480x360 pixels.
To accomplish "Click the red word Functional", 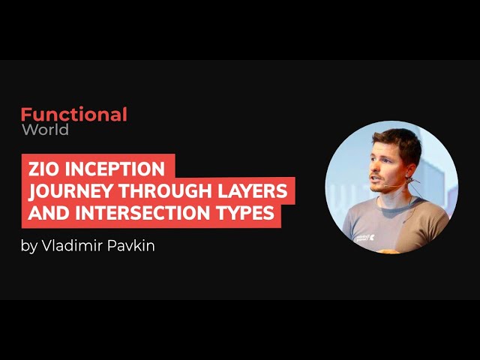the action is click(x=73, y=114).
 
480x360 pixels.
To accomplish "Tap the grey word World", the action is click(x=45, y=130).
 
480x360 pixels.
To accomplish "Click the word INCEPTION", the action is click(x=115, y=169).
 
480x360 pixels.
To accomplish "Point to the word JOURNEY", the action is click(x=70, y=190).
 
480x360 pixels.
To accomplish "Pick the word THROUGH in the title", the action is click(x=165, y=190).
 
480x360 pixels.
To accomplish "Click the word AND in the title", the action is click(x=49, y=212).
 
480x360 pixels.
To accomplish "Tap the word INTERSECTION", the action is click(x=142, y=212).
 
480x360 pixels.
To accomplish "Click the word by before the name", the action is click(x=28, y=247).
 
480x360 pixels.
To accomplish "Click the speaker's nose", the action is click(x=374, y=167).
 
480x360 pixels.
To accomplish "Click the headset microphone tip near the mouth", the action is click(x=385, y=186).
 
